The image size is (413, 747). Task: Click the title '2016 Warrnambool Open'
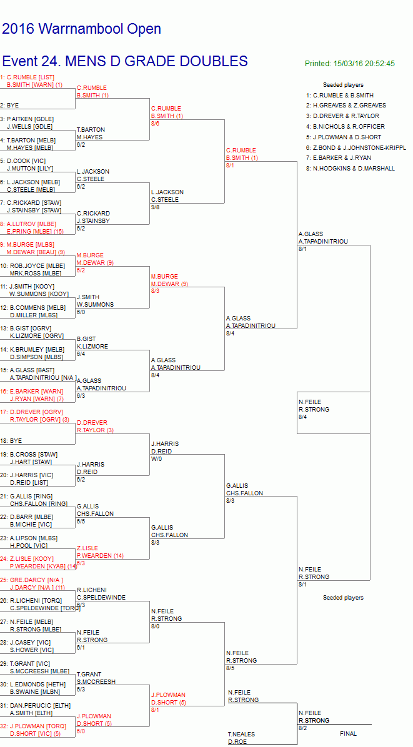tap(81, 29)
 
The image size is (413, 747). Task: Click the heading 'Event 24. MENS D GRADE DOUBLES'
tap(125, 61)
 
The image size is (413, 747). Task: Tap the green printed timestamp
tap(350, 63)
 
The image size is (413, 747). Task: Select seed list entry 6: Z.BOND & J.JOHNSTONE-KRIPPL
tap(356, 147)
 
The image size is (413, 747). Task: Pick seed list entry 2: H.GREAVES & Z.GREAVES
tap(346, 106)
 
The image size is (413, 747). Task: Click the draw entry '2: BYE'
tap(9, 106)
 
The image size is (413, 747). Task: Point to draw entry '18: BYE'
tap(11, 441)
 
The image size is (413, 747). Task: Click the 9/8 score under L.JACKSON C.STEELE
tap(156, 207)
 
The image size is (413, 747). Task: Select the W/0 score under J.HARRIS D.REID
tap(156, 459)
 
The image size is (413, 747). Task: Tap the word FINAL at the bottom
tap(348, 734)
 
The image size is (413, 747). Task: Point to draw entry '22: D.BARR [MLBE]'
tap(26, 517)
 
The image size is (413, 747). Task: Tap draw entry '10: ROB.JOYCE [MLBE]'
tap(32, 265)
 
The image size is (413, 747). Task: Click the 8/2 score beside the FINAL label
tap(303, 728)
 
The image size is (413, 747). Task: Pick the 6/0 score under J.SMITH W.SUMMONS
tap(81, 312)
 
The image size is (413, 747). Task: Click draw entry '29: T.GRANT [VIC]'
tap(23, 664)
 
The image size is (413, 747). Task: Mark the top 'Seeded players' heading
tap(343, 85)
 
